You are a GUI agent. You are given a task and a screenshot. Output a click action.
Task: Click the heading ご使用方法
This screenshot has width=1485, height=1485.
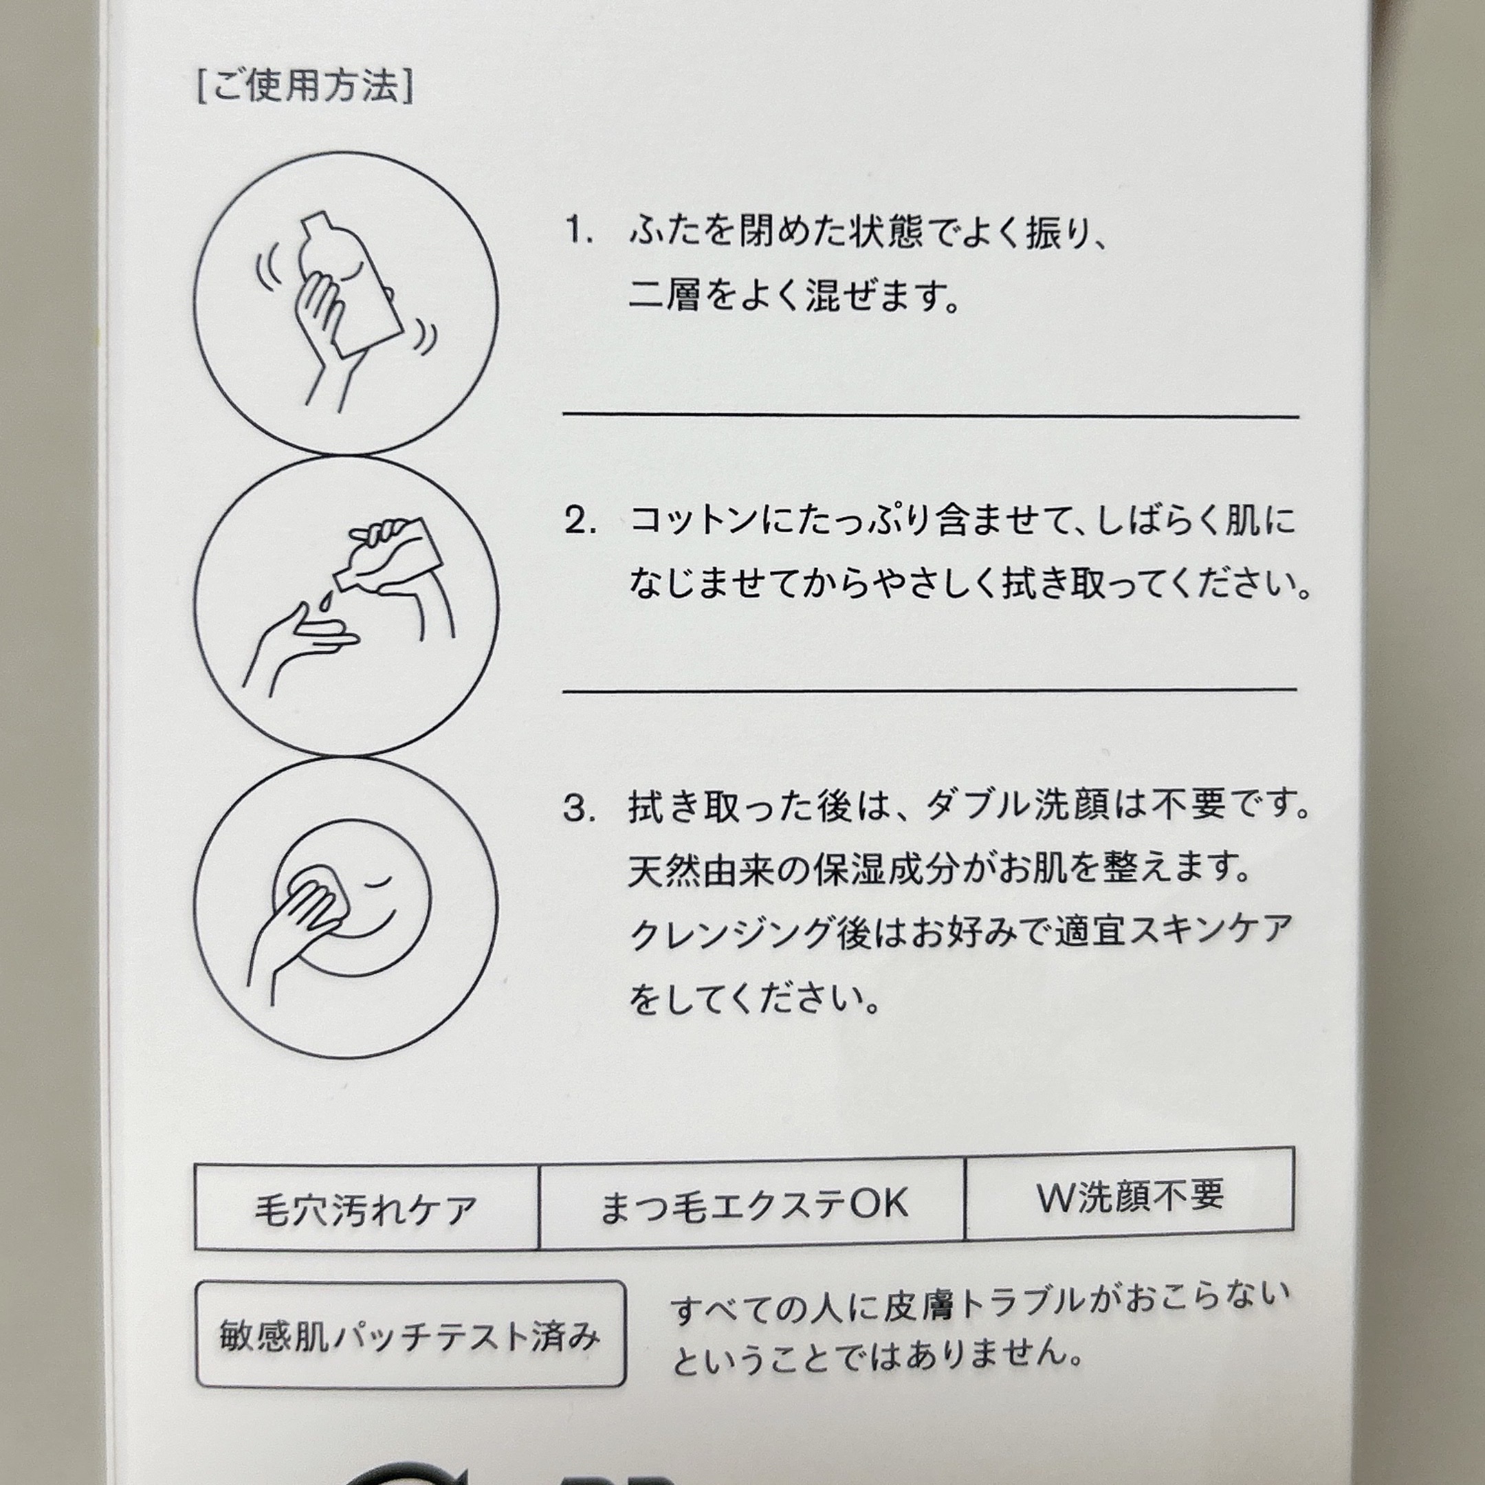[306, 86]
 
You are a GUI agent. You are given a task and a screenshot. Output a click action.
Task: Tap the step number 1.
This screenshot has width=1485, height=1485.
[578, 230]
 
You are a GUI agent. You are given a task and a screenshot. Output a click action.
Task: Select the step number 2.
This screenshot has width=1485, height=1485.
[580, 520]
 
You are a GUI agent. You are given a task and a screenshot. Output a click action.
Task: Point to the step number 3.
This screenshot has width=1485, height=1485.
[580, 808]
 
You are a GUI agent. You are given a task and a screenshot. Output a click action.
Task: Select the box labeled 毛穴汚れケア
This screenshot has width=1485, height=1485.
[366, 1207]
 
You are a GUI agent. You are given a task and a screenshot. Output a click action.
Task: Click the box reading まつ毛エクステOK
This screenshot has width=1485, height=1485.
[751, 1203]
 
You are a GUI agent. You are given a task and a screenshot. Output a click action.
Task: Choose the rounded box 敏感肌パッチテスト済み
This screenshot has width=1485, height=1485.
[410, 1334]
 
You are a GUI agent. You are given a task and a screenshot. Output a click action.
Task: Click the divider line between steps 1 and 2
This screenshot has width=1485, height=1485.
[931, 416]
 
